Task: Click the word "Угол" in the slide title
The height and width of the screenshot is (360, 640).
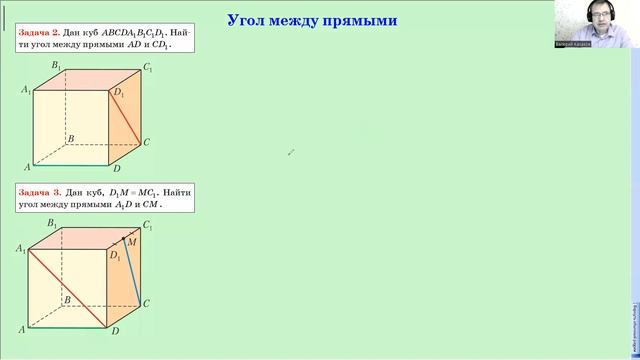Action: pos(251,20)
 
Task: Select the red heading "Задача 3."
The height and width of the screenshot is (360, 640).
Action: pos(41,191)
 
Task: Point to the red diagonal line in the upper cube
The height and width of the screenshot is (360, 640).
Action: pos(126,116)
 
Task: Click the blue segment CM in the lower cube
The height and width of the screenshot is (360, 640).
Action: pos(135,270)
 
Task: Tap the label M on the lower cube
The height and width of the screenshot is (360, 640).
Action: pos(133,243)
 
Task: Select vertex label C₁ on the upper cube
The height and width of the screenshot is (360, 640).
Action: pos(148,68)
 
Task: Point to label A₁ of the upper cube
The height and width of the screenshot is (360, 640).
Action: pos(25,90)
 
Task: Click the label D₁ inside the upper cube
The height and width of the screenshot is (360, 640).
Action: pos(119,93)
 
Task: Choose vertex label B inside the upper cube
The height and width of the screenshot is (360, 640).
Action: pos(70,139)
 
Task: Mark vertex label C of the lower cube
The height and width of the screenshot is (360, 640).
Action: pos(147,302)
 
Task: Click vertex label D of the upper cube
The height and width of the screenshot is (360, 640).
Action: pos(116,169)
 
